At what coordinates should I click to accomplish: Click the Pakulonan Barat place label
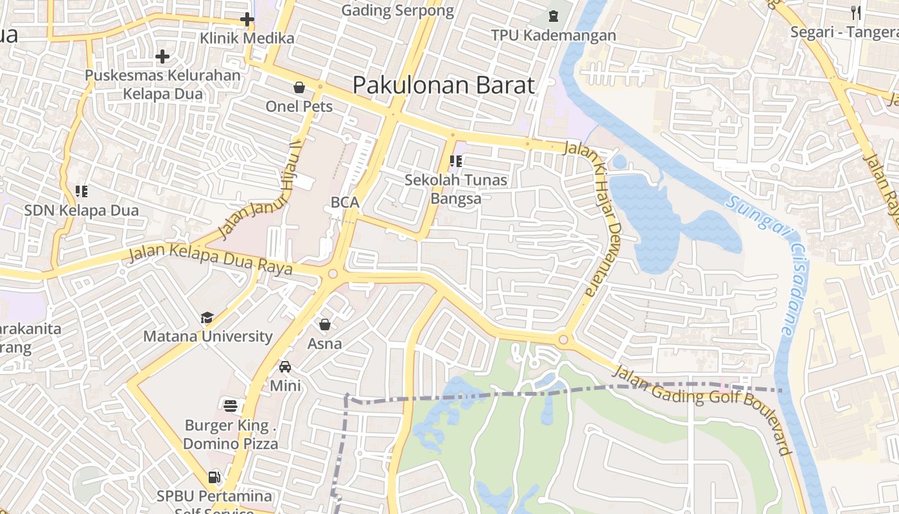click(x=443, y=85)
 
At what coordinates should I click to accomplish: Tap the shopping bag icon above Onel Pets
click(x=299, y=87)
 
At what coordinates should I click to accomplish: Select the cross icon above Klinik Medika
click(x=247, y=20)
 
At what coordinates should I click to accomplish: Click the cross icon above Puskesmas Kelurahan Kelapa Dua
click(x=162, y=57)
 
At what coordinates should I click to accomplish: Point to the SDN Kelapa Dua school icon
click(x=82, y=191)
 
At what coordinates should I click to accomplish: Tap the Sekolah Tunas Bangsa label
click(x=456, y=190)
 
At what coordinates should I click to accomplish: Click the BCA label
click(x=345, y=202)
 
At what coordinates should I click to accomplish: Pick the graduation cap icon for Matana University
click(x=207, y=317)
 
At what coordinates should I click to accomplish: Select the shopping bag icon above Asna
click(x=325, y=324)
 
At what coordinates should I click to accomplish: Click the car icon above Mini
click(x=285, y=367)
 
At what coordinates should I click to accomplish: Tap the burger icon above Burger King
click(x=231, y=405)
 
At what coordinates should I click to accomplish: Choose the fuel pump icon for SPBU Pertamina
click(x=214, y=477)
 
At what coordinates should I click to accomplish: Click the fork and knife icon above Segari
click(x=855, y=12)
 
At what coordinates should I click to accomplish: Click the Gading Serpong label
click(x=397, y=10)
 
